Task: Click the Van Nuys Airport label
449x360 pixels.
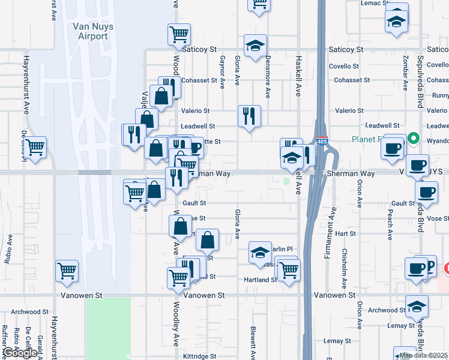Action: pos(90,31)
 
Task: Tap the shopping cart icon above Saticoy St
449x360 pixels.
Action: pos(179,35)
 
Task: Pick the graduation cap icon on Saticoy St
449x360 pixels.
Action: pos(256,46)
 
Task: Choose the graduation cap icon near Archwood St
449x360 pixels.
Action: pos(417,307)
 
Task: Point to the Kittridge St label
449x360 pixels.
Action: pos(199,356)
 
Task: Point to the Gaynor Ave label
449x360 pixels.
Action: pos(222,71)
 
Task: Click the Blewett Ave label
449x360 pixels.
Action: pos(253,339)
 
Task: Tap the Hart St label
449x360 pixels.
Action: pos(346,233)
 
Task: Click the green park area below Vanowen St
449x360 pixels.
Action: pos(108,327)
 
